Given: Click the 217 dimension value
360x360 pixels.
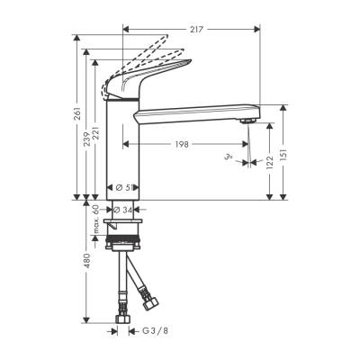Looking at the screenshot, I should pyautogui.click(x=200, y=29).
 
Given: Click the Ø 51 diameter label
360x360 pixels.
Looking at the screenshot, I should pyautogui.click(x=126, y=187).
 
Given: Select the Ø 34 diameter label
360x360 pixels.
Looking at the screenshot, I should pyautogui.click(x=126, y=209).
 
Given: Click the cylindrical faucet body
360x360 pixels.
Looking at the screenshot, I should pyautogui.click(x=121, y=144).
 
